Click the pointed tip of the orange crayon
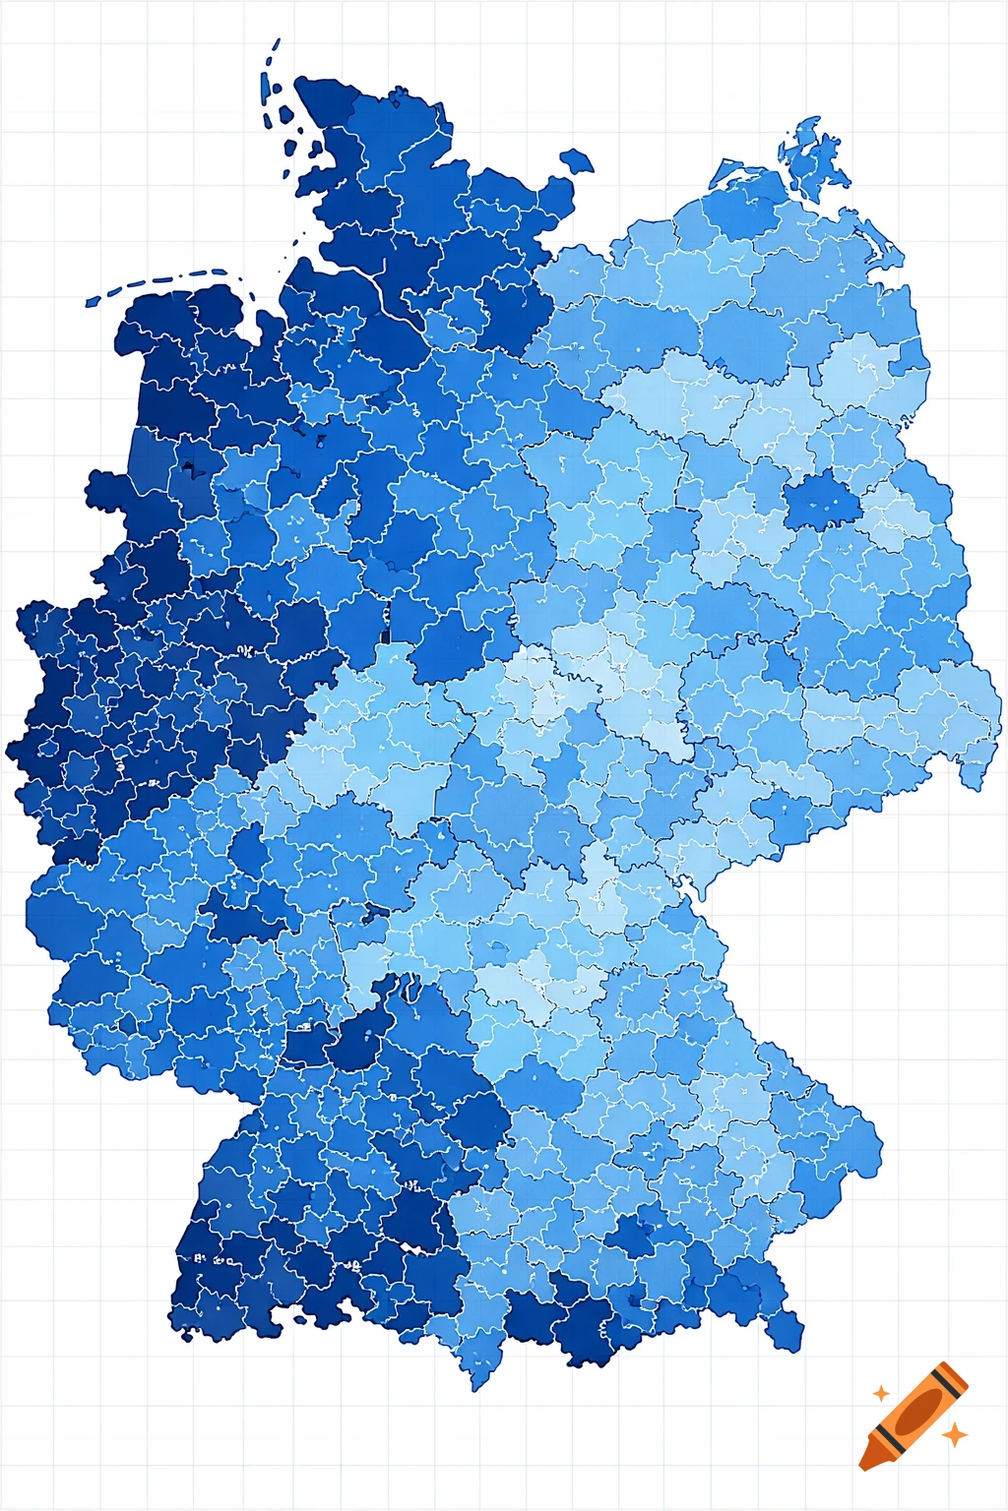click(863, 1467)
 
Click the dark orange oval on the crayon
click(917, 1410)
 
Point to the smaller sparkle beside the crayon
click(881, 1394)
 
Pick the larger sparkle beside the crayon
click(954, 1435)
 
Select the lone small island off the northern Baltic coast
click(577, 160)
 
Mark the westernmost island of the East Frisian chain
click(93, 301)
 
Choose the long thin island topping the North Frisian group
click(273, 53)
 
